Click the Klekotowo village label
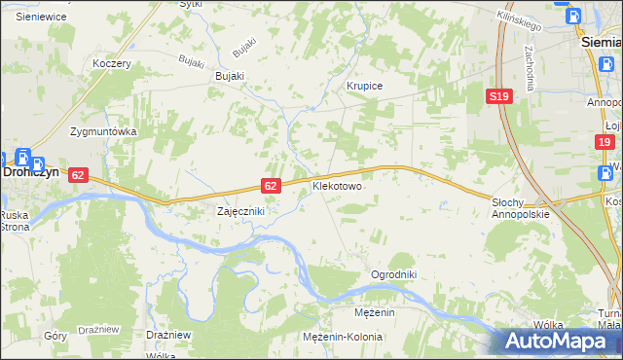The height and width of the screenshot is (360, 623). (x=337, y=184)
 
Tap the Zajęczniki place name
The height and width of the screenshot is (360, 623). (x=239, y=210)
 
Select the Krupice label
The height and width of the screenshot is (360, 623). (x=365, y=86)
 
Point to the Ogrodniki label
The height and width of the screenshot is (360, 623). (x=393, y=274)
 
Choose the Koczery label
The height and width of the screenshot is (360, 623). (x=111, y=63)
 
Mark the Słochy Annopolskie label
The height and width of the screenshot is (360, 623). (x=521, y=206)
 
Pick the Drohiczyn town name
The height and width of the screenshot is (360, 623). (x=21, y=170)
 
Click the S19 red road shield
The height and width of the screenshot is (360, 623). (x=499, y=96)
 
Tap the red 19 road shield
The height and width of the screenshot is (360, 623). (x=605, y=142)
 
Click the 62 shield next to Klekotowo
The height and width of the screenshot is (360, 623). (x=272, y=185)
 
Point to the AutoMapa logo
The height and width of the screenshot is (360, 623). (x=560, y=341)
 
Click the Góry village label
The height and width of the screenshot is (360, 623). (x=56, y=335)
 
